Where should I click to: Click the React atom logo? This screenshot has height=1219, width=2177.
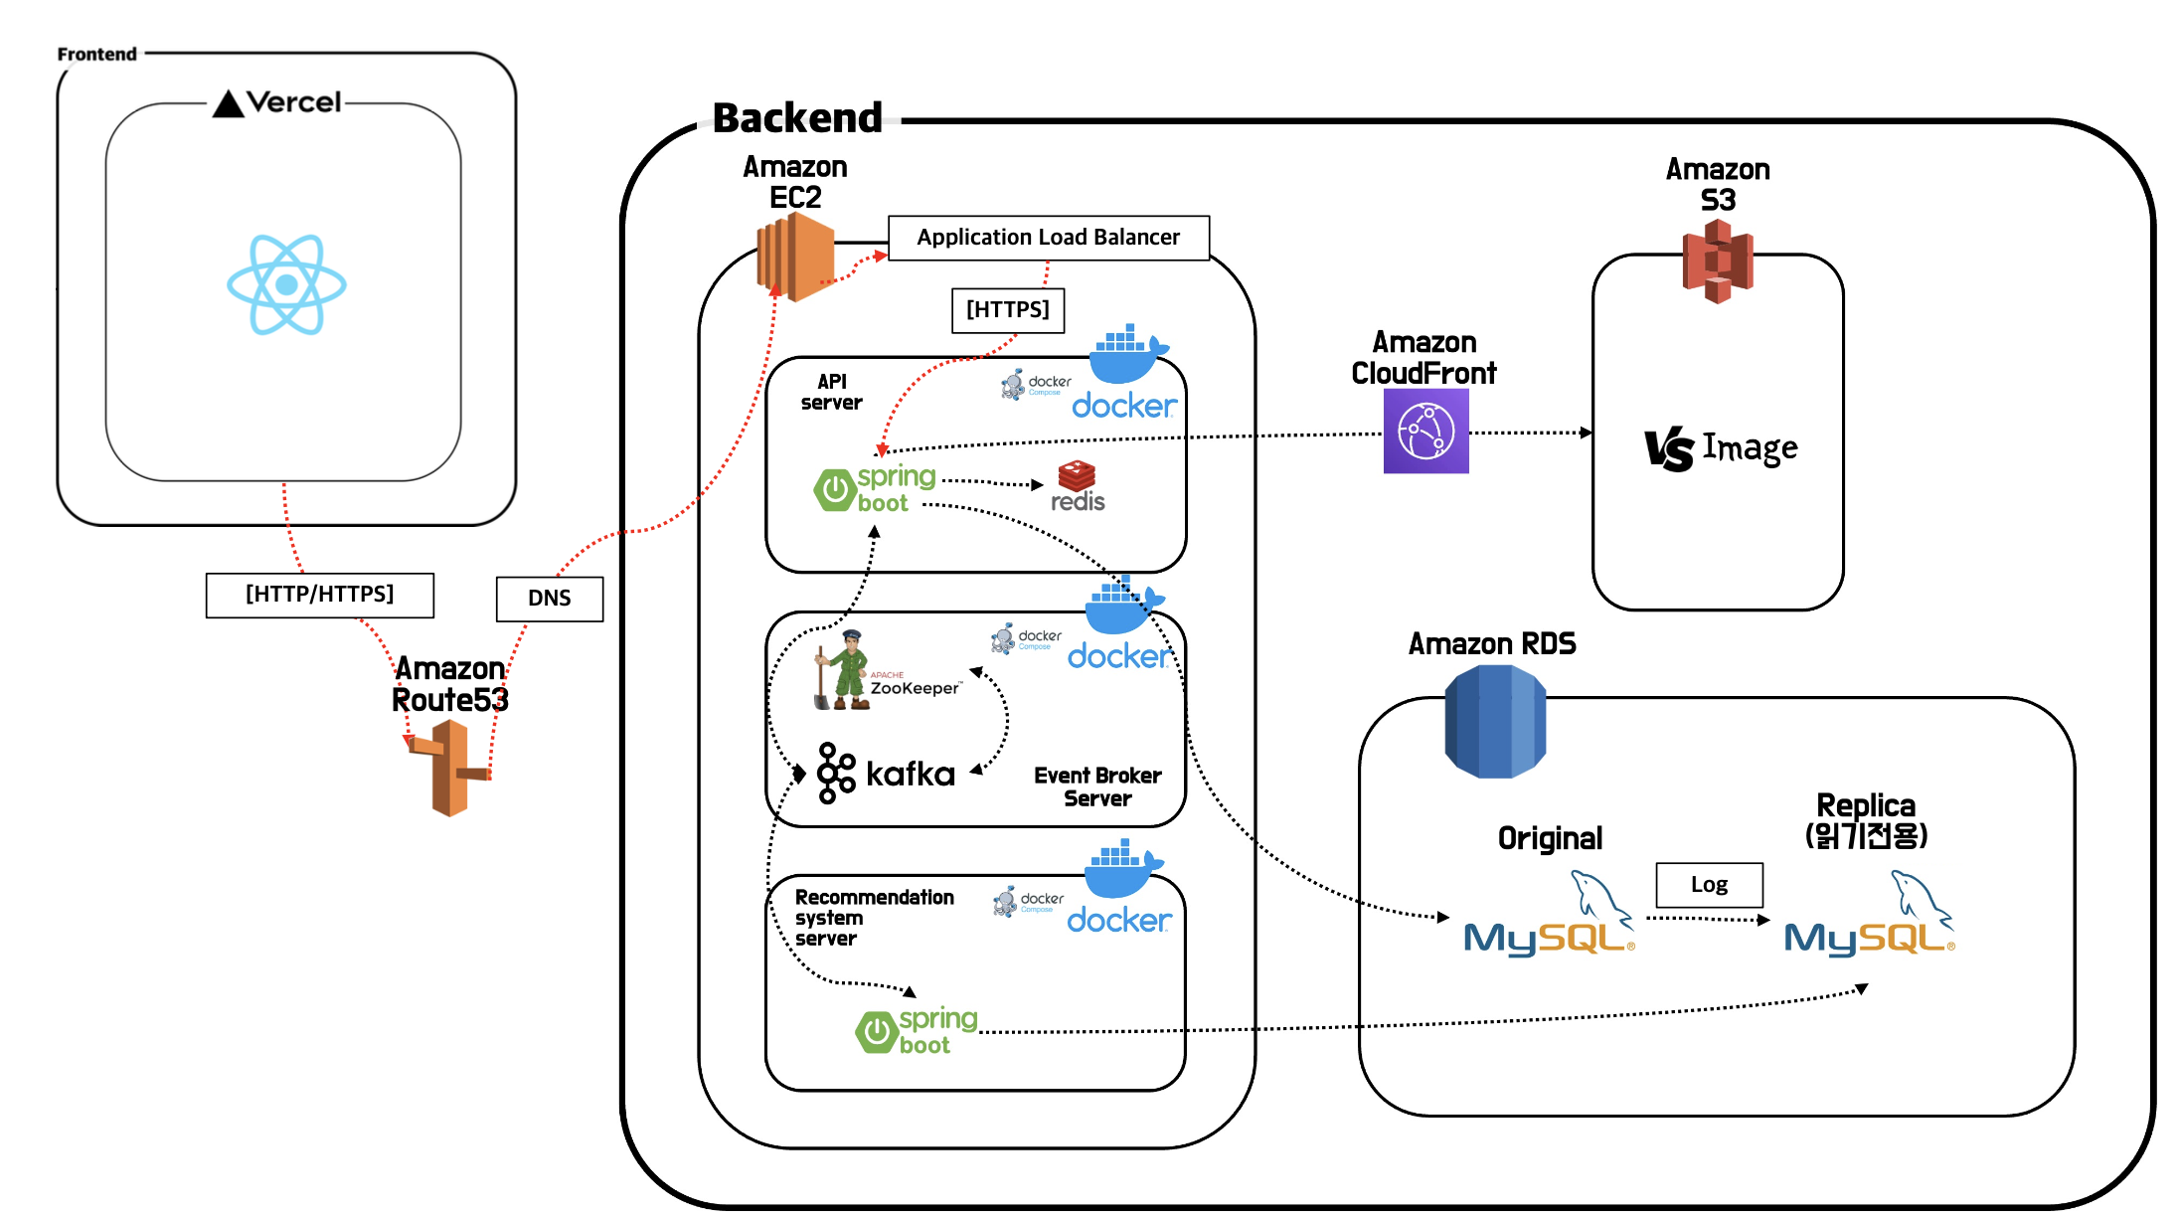tap(286, 284)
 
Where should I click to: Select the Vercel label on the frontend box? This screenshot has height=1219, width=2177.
tap(277, 102)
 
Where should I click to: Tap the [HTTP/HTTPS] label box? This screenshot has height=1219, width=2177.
tap(319, 595)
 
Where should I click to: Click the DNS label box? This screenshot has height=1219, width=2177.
tap(550, 599)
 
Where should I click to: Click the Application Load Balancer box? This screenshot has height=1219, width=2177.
tap(1048, 238)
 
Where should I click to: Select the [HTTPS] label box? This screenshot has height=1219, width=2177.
tap(1007, 310)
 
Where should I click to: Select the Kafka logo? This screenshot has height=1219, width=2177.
tap(886, 773)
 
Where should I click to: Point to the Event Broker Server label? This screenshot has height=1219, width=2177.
tap(1097, 786)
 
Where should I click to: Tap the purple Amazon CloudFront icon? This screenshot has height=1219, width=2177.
tap(1425, 431)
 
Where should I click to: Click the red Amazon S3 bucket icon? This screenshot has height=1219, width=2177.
tap(1717, 261)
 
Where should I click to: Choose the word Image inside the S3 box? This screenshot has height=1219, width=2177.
tap(1750, 448)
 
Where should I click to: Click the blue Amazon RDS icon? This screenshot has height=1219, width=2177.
tap(1494, 721)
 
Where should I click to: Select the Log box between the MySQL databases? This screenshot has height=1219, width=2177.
tap(1709, 885)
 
